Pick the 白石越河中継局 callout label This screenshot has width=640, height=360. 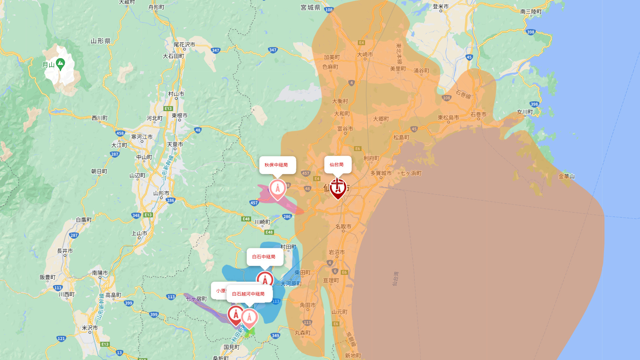(249, 294)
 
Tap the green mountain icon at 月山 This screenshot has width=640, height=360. (60, 64)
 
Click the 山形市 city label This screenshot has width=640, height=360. (161, 193)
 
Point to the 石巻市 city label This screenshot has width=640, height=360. (478, 115)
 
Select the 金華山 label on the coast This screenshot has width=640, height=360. (566, 176)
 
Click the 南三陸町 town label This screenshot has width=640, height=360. (531, 12)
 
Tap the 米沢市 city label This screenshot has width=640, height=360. (90, 328)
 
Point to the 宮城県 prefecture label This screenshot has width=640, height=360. (310, 8)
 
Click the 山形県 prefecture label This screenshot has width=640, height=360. (101, 41)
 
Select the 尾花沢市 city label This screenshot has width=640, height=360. (184, 45)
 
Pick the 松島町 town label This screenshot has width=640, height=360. (401, 137)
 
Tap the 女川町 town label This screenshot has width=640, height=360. (525, 112)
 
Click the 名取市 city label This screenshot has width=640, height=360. (343, 227)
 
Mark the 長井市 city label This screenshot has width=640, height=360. (65, 251)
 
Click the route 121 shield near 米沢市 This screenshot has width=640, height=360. (61, 339)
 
